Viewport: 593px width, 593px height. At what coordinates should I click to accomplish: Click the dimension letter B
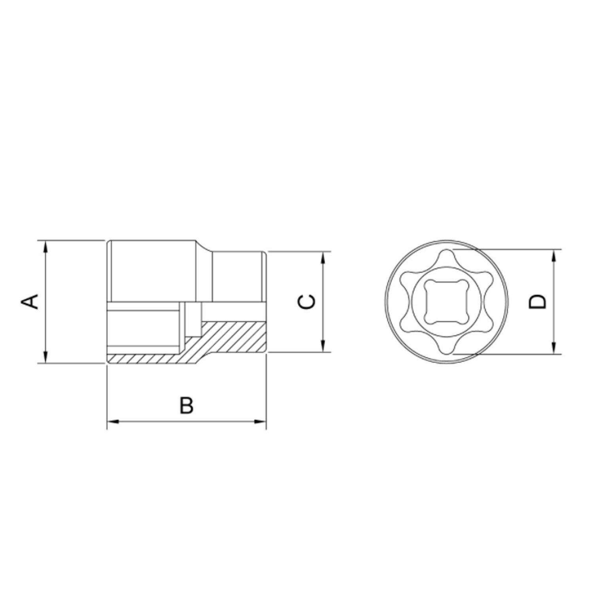click(x=186, y=406)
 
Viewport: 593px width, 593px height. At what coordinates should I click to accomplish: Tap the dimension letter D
click(x=538, y=301)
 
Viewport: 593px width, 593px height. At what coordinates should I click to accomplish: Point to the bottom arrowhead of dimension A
click(x=46, y=358)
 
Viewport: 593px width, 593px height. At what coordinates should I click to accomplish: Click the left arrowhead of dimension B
click(x=112, y=422)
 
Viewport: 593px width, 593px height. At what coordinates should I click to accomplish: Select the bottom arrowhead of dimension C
click(x=324, y=347)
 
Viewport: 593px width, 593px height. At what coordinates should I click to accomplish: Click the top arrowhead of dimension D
click(x=554, y=255)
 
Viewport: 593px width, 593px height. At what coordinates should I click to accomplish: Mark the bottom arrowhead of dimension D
click(x=554, y=349)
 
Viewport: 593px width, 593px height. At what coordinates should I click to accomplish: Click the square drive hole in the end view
click(x=447, y=301)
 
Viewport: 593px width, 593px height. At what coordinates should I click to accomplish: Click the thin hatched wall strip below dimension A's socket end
click(x=146, y=358)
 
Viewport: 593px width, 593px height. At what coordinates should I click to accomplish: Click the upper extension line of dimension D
click(x=514, y=249)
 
